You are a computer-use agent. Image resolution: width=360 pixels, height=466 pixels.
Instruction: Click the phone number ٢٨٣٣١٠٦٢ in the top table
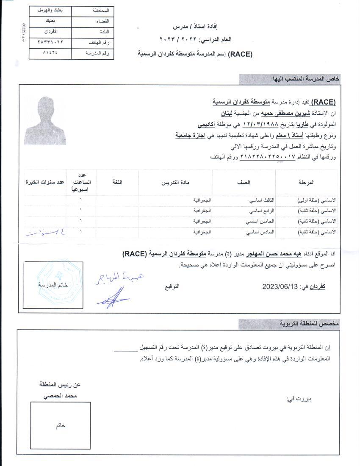click(x=50, y=42)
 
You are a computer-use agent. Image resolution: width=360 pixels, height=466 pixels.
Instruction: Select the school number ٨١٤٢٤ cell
click(x=50, y=53)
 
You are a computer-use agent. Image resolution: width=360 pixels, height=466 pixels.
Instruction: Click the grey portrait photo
click(x=45, y=121)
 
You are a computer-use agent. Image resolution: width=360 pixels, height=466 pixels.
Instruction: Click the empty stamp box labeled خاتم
click(x=60, y=425)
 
